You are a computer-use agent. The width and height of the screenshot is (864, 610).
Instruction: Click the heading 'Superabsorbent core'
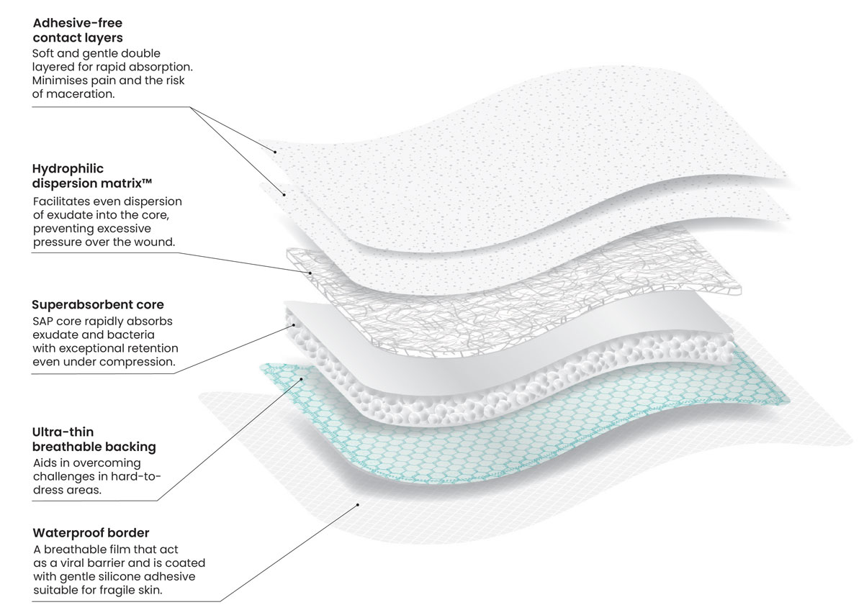[98, 305]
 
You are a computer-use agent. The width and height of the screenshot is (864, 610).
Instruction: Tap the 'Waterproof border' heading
[91, 533]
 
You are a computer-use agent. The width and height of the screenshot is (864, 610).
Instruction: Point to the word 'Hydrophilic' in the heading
[68, 169]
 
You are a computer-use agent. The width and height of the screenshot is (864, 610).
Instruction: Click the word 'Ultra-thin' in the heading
[61, 432]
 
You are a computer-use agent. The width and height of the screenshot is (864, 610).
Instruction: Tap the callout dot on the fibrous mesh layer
[310, 273]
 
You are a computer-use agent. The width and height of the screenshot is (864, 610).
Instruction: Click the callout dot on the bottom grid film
[358, 505]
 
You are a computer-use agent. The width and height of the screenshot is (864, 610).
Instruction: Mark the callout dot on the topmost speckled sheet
[274, 151]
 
